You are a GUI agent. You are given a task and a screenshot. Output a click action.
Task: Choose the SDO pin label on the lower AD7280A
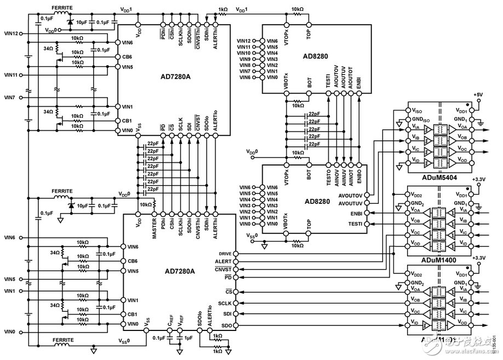226,326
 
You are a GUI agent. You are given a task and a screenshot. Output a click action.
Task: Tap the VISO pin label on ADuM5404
416,110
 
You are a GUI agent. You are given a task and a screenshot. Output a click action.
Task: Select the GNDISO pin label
418,119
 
